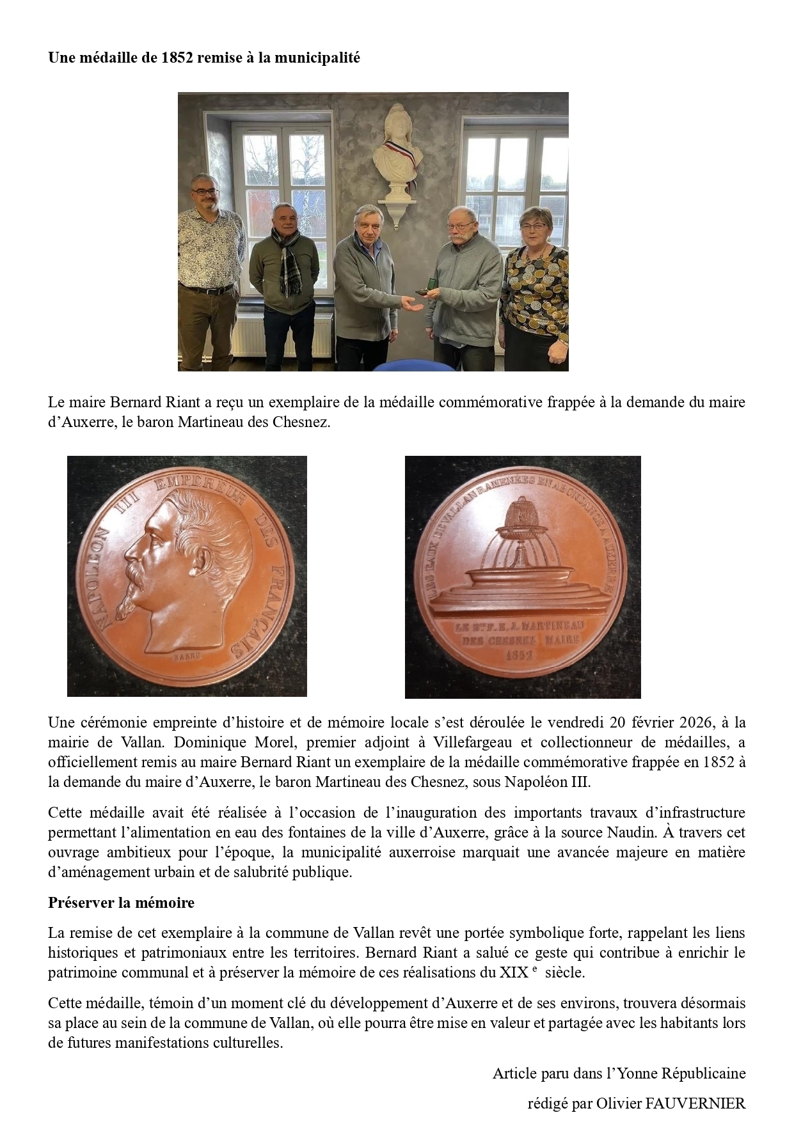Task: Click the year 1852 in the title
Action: click(x=178, y=58)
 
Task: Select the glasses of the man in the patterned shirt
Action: click(x=206, y=191)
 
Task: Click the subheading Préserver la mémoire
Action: click(x=121, y=903)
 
